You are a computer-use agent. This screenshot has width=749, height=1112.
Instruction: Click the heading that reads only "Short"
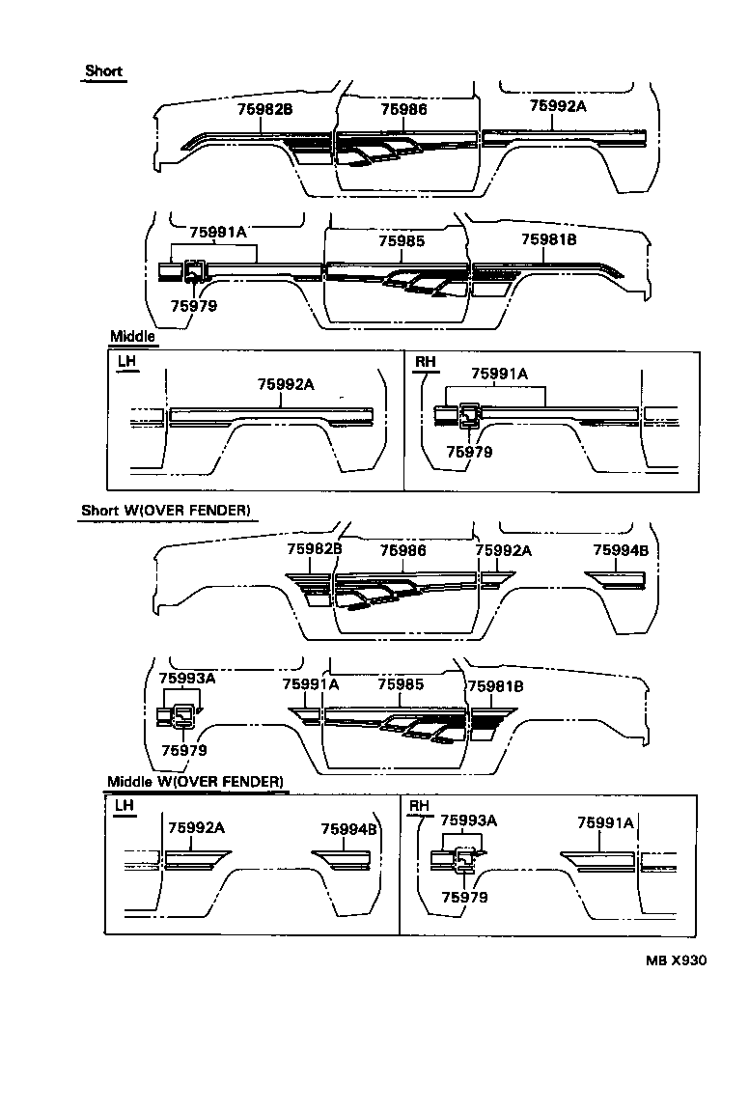point(103,71)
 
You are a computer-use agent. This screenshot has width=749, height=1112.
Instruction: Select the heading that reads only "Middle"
point(132,337)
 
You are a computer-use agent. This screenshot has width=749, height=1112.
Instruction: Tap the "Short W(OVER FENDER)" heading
point(167,510)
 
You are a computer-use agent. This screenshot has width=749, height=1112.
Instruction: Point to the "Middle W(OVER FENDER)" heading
point(196,781)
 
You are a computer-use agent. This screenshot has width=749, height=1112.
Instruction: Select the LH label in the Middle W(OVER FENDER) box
point(125,806)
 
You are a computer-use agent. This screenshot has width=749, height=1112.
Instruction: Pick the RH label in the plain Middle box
point(425,362)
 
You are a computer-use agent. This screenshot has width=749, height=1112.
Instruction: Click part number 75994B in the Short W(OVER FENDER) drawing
point(621,550)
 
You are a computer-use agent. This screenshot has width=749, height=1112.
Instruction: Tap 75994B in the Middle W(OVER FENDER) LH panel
point(348,828)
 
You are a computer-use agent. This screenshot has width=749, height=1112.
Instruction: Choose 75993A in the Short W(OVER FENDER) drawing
point(186,679)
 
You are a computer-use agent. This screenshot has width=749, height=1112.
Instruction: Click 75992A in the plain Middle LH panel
point(286,384)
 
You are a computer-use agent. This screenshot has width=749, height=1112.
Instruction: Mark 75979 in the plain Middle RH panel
point(469,451)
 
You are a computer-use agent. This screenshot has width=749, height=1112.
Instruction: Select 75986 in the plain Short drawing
point(403,110)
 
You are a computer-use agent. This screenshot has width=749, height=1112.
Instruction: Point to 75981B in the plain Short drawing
point(548,240)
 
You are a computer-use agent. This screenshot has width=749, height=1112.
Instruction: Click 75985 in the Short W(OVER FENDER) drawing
point(401,684)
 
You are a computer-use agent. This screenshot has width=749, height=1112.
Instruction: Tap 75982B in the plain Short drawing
point(264,110)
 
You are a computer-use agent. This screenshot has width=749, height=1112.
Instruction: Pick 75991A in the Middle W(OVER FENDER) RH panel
point(605,822)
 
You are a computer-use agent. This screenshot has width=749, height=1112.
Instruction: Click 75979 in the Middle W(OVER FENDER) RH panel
point(464,897)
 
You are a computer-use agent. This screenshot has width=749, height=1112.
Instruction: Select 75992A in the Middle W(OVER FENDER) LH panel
point(196,827)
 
